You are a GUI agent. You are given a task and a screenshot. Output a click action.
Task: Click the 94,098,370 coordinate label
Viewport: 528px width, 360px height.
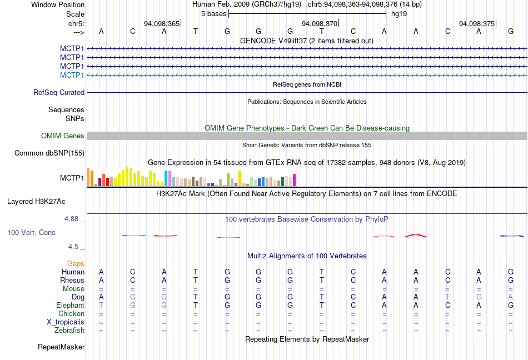point(319,24)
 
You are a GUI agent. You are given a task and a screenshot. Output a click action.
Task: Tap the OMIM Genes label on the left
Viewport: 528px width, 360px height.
point(63,136)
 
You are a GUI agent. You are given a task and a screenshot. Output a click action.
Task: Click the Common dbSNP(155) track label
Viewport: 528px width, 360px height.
point(49,153)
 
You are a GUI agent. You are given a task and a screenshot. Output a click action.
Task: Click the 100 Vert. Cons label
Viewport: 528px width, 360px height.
point(31,233)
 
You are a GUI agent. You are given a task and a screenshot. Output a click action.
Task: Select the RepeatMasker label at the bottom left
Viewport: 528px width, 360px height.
point(61,347)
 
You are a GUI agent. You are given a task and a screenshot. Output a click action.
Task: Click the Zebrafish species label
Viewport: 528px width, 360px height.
point(69,331)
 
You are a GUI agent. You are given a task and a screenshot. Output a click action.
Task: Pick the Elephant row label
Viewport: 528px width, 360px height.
point(70,305)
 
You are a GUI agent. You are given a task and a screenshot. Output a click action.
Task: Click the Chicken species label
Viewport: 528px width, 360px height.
point(71,314)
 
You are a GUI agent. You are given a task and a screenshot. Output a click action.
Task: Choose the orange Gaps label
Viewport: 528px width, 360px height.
point(76,263)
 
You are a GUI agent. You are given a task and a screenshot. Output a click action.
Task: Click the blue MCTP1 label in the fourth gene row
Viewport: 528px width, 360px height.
point(72,75)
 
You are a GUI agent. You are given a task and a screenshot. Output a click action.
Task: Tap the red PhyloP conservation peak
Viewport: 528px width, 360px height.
point(416,235)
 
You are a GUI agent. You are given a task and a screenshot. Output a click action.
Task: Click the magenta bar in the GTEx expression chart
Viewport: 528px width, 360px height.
point(294,180)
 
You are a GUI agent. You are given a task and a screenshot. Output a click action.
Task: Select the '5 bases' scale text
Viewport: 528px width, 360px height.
point(213,14)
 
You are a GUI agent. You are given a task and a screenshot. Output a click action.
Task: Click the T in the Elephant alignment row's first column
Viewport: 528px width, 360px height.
point(101,306)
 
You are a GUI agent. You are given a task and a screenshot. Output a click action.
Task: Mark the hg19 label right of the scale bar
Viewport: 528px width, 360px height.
point(399,14)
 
